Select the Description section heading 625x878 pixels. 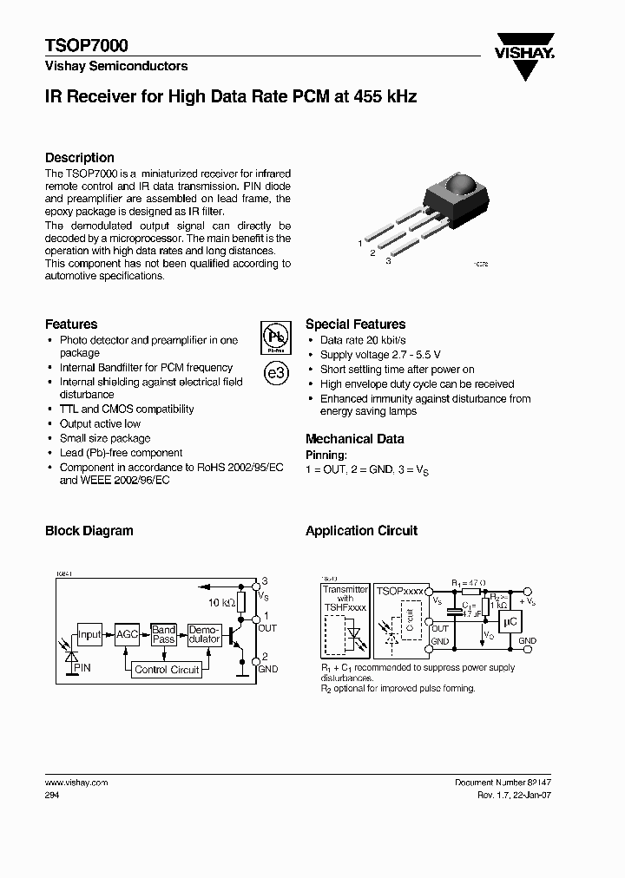click(x=80, y=158)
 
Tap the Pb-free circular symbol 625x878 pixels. click(x=274, y=338)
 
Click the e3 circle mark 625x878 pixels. click(x=274, y=374)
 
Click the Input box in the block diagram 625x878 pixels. click(x=89, y=634)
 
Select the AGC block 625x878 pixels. click(x=128, y=634)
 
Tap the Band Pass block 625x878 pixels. click(x=163, y=634)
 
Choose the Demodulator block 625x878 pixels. click(x=204, y=634)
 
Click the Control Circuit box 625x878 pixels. click(x=167, y=669)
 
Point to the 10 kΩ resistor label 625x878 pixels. click(x=220, y=602)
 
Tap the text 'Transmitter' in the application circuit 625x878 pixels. click(x=345, y=589)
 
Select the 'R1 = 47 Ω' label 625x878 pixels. click(x=469, y=585)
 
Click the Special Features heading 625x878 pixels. click(x=355, y=324)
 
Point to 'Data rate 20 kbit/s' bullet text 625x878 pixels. click(x=363, y=341)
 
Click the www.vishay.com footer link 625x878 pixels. click(x=76, y=782)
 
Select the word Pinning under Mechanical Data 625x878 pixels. click(x=326, y=455)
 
